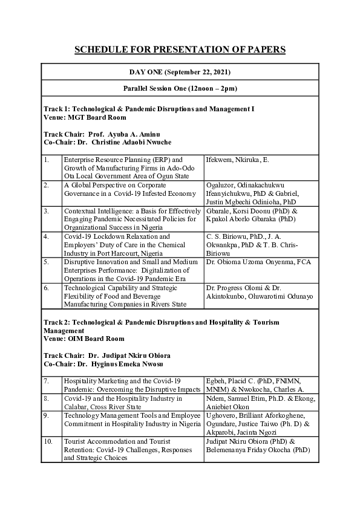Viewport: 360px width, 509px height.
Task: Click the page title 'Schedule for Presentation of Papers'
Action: pos(180,49)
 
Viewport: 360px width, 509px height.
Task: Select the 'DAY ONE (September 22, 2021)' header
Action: pos(180,73)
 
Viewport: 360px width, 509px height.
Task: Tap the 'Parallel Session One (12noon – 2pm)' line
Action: pos(180,88)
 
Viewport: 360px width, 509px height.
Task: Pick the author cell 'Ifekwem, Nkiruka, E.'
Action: pos(237,160)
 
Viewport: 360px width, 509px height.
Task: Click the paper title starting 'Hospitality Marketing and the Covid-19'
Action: pos(132,385)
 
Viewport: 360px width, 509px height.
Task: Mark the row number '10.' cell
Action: pos(51,450)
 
